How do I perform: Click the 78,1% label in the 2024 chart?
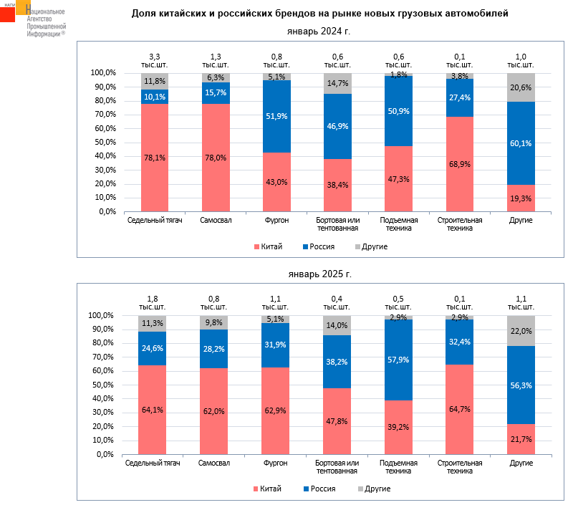click(x=155, y=159)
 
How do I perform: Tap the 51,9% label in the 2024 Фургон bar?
click(x=276, y=117)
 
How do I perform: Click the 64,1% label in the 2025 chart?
click(x=153, y=410)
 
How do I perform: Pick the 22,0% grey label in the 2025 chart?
click(x=521, y=331)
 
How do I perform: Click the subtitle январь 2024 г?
click(x=319, y=32)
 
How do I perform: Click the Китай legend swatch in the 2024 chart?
click(x=256, y=246)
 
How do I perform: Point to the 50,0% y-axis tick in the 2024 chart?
click(x=103, y=143)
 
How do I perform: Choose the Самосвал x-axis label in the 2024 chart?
click(x=216, y=220)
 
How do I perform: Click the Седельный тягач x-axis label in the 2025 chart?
click(x=153, y=463)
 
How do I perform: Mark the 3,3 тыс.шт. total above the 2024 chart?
click(x=155, y=60)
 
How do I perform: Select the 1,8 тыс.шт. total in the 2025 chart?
click(x=153, y=303)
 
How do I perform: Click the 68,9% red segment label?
click(x=460, y=165)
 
